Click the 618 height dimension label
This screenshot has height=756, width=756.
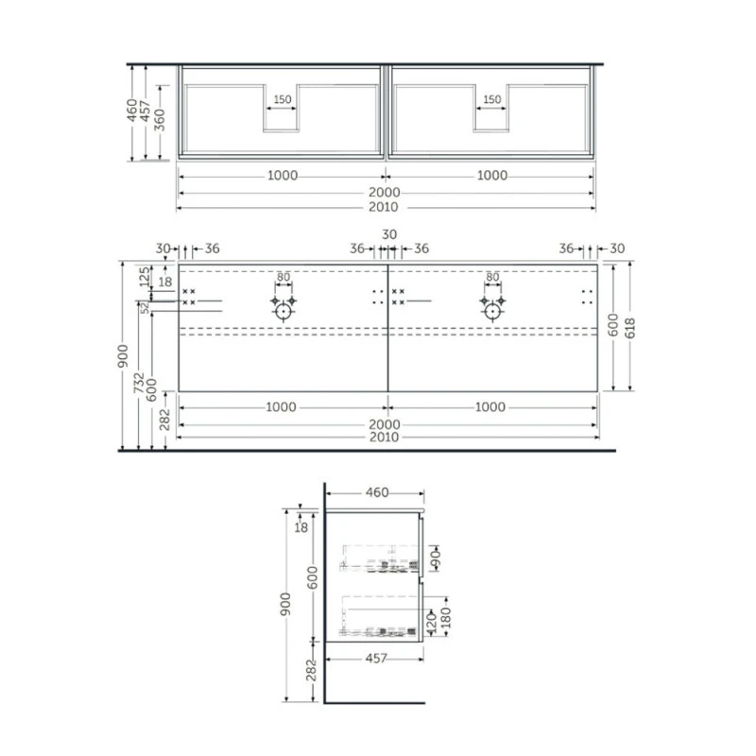coord(630,328)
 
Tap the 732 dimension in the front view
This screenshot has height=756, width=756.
coord(139,383)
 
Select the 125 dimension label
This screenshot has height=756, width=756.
coord(145,277)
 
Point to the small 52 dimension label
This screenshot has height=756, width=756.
coord(146,308)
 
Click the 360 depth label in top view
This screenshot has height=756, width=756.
coord(160,120)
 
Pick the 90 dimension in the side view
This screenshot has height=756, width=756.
coord(436,558)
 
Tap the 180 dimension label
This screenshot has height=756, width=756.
coord(445,618)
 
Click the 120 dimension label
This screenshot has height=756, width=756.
coord(432,622)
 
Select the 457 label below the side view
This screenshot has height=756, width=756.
coord(376,658)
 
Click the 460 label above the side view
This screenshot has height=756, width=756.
coord(377,492)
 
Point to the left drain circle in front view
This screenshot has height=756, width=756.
coord(283,312)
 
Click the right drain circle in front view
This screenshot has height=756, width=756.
coord(492,312)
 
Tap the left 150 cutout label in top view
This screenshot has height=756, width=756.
coord(282,99)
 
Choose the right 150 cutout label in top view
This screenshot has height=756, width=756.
coord(491,99)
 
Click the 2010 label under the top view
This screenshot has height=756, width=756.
coord(384,207)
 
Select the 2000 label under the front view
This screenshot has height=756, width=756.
coord(385,424)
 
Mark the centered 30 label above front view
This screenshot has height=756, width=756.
coord(389,234)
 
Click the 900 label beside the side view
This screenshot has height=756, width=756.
coord(285,604)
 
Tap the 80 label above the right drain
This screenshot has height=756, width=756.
coord(492,277)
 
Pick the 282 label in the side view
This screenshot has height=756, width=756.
coord(312,670)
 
